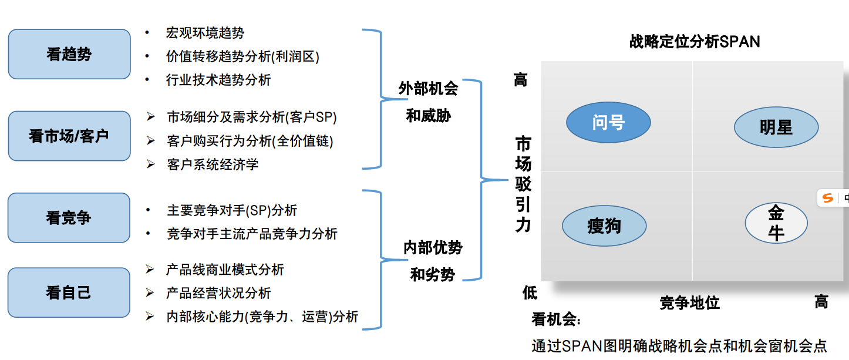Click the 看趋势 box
[x=69, y=54]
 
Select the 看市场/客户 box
[x=69, y=136]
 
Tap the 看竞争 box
[x=69, y=217]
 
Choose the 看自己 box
[x=69, y=292]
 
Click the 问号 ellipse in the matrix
[x=608, y=123]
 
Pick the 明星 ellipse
[x=776, y=127]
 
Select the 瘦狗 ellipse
[x=604, y=226]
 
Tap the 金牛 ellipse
[x=776, y=223]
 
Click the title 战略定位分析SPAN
[x=695, y=42]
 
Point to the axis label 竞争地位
[x=689, y=303]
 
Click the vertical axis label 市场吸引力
[x=523, y=183]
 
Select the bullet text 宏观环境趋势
[x=205, y=33]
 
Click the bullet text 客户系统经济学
[x=213, y=164]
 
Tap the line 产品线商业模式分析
[x=225, y=270]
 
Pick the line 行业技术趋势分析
[x=218, y=80]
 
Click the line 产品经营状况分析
[x=218, y=293]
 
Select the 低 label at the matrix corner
[x=530, y=292]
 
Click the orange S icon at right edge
[x=828, y=198]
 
